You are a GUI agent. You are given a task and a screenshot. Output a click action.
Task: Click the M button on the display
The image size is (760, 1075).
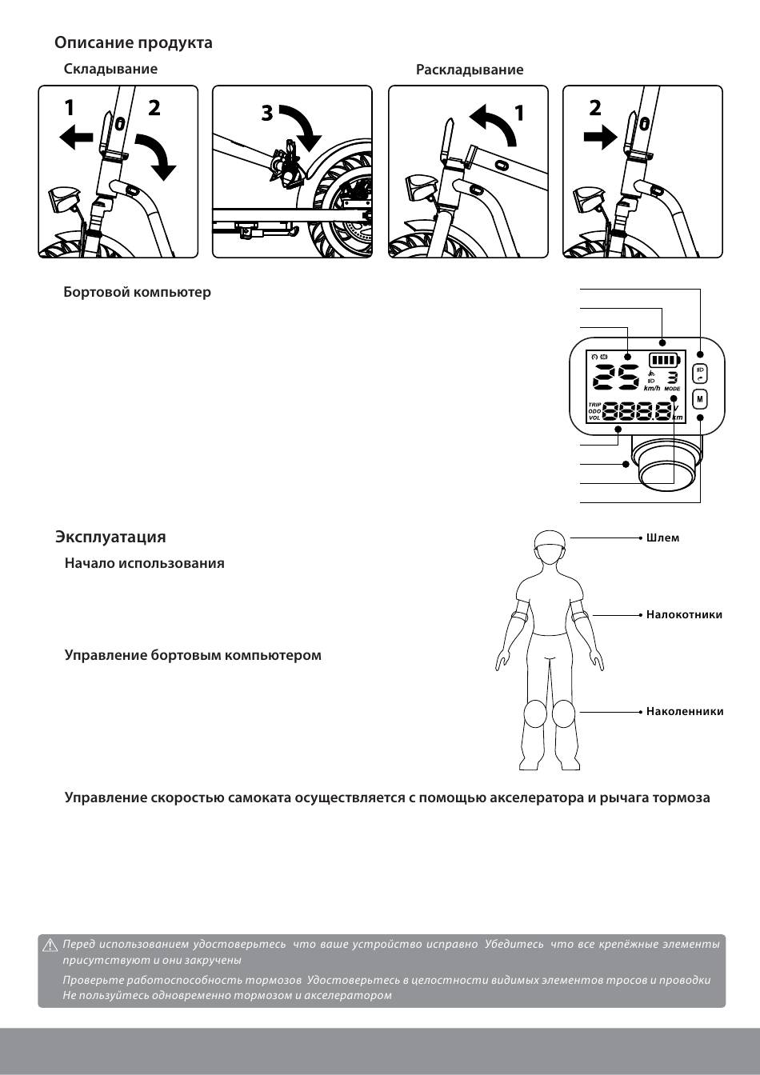pos(700,398)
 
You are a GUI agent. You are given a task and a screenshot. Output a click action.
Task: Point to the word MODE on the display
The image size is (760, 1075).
pos(672,389)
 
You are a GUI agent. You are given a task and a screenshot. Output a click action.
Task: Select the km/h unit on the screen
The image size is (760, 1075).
pos(652,389)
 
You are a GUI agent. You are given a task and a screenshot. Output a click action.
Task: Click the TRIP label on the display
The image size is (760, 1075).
pos(594,405)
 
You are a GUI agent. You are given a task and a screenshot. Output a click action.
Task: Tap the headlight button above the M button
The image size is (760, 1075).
pos(700,373)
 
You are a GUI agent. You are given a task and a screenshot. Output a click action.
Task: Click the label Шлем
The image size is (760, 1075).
pos(662,537)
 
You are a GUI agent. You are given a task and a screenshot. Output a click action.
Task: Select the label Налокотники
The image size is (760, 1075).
pos(684,614)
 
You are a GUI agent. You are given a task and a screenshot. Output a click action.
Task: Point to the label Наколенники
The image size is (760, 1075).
pos(685,711)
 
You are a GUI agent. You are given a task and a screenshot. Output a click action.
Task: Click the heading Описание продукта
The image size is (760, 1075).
pos(134,42)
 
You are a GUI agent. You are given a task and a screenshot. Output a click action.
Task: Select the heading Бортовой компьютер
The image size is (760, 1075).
pos(138,292)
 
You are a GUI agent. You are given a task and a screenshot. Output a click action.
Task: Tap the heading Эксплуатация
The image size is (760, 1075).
pos(110,537)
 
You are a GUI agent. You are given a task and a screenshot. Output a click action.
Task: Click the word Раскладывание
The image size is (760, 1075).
pos(470,70)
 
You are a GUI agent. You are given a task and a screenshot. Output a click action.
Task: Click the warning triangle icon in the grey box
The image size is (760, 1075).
pos(50,945)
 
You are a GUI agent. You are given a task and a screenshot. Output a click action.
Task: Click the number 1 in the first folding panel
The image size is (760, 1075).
pos(70,107)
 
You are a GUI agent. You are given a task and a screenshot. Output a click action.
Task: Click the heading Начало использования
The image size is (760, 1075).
pos(144,563)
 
